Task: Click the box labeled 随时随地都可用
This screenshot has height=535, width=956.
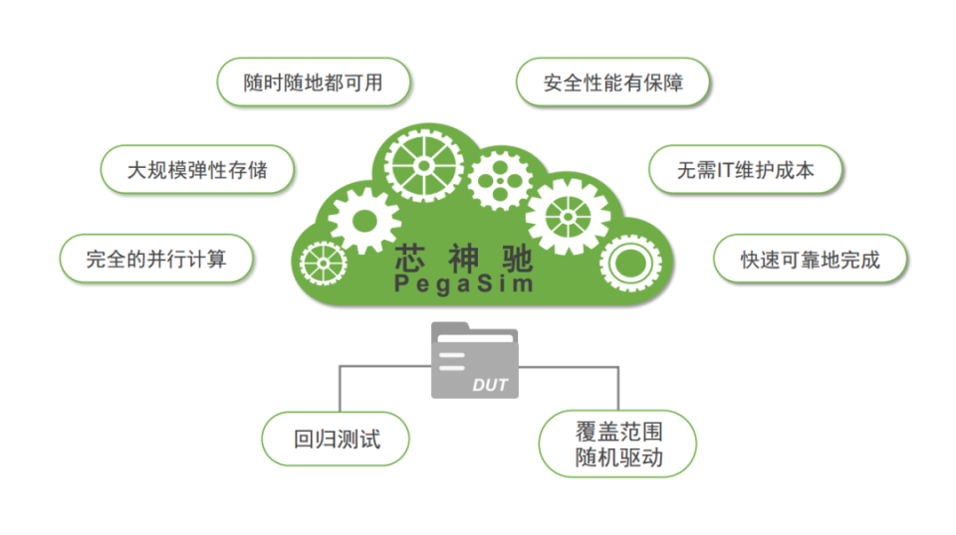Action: (x=314, y=83)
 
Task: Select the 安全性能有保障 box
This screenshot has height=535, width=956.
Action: (x=612, y=83)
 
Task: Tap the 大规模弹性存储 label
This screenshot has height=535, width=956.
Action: (x=197, y=169)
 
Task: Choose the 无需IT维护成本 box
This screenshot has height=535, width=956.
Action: (x=745, y=169)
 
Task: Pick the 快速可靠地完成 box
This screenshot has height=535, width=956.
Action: (x=810, y=260)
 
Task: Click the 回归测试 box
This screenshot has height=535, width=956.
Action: (x=336, y=439)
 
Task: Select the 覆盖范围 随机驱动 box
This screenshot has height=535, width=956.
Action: (x=617, y=445)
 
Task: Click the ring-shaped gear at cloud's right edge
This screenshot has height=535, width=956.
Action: (x=629, y=263)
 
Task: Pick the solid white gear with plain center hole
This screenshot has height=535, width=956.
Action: (x=363, y=219)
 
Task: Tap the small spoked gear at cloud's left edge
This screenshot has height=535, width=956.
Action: (x=323, y=265)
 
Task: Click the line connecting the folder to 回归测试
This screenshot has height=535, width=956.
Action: (x=342, y=383)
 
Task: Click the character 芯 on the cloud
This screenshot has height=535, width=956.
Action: (x=410, y=259)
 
